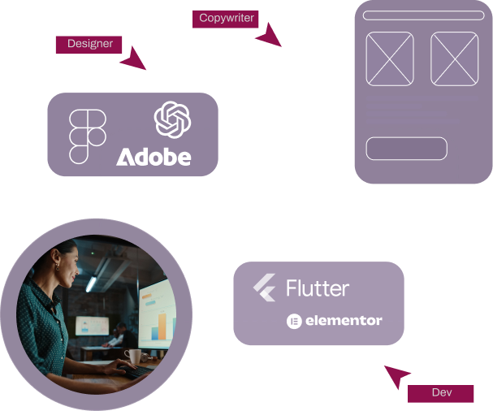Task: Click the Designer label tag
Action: [x=90, y=44]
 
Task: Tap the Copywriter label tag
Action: [x=226, y=18]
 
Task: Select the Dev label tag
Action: [x=441, y=393]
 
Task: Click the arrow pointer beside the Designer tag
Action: [x=133, y=58]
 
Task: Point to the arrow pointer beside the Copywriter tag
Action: [x=267, y=34]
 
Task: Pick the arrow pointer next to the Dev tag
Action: [x=397, y=377]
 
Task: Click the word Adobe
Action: [x=154, y=156]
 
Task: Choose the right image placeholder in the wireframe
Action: [x=454, y=58]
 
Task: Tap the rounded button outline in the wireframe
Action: [x=407, y=149]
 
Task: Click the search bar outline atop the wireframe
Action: [x=422, y=15]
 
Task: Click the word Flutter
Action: [x=318, y=288]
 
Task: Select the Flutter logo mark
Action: [x=265, y=288]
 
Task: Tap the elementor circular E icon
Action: [x=293, y=321]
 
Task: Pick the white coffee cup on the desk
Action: [x=132, y=357]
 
